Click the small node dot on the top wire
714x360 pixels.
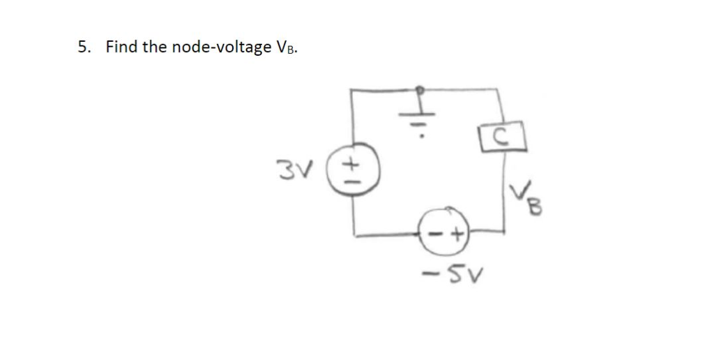pos(420,89)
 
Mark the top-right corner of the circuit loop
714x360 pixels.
pos(497,89)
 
